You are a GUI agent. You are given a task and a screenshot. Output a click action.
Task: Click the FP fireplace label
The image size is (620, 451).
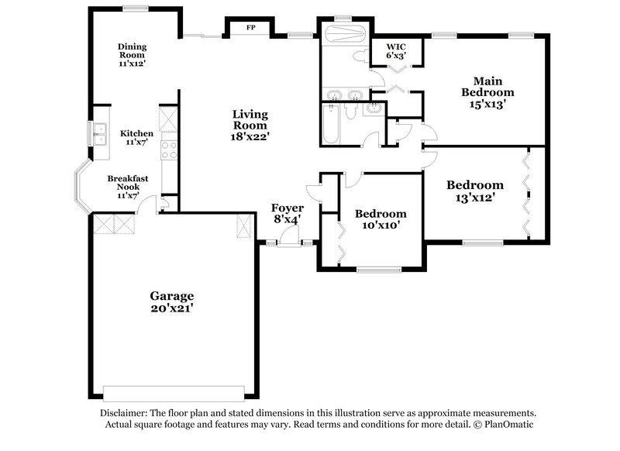pyautogui.click(x=250, y=28)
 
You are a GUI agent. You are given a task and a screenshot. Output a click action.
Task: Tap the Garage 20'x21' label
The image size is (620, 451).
pyautogui.click(x=171, y=301)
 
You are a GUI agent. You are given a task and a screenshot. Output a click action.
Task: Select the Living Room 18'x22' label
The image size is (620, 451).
pyautogui.click(x=250, y=125)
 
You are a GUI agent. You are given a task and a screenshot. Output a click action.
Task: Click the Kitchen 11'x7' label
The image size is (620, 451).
pyautogui.click(x=136, y=138)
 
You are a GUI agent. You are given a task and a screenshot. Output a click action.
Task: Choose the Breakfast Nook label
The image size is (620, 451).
pyautogui.click(x=127, y=186)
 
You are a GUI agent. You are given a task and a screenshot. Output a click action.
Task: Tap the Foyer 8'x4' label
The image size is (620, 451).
pyautogui.click(x=286, y=213)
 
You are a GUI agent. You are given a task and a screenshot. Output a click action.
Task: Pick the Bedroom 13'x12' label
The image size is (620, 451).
pyautogui.click(x=474, y=191)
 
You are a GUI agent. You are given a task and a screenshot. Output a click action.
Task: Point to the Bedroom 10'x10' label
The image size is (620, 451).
pyautogui.click(x=380, y=219)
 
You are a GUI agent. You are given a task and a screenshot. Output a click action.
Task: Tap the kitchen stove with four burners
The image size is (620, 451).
pyautogui.click(x=168, y=150)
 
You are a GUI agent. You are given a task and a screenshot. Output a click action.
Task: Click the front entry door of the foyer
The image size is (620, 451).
pyautogui.click(x=290, y=243)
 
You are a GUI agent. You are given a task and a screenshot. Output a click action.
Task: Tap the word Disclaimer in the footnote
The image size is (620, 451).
pyautogui.click(x=127, y=414)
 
